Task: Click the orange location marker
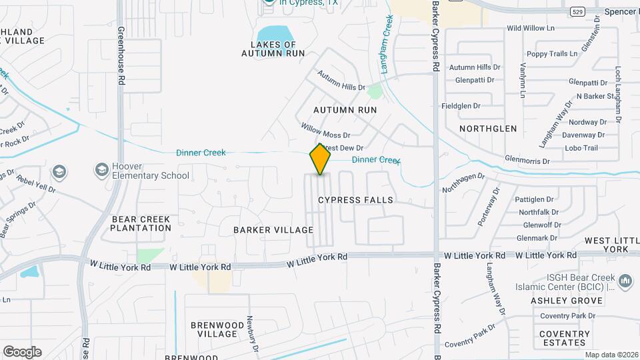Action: (x=320, y=159)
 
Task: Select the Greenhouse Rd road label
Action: (x=121, y=55)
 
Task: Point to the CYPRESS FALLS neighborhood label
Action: (x=355, y=200)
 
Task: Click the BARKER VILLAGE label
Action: (x=273, y=230)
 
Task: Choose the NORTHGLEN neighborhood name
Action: (x=488, y=128)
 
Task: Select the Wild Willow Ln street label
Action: (x=531, y=29)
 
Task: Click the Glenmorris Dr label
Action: (x=527, y=161)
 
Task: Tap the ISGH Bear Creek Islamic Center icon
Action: (x=625, y=282)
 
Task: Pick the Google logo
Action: (x=22, y=352)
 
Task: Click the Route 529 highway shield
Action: (x=577, y=11)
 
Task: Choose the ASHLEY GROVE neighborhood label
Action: (x=567, y=301)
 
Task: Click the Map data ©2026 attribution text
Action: (x=611, y=355)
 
